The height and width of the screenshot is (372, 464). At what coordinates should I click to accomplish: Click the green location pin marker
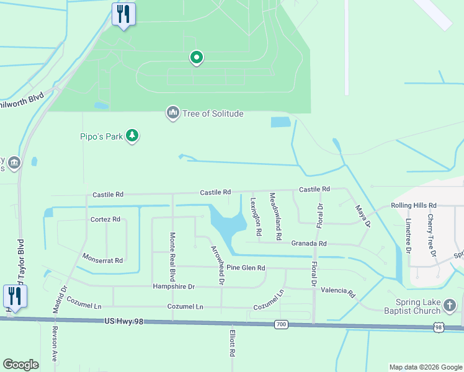197,58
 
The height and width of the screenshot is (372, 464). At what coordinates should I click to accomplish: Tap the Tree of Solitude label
212,113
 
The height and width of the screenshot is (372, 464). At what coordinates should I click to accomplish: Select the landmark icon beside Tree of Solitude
172,113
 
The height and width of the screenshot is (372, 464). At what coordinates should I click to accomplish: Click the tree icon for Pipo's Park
132,136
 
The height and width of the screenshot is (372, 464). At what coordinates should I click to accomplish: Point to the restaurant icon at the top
123,14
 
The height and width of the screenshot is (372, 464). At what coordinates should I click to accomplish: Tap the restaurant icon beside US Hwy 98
14,296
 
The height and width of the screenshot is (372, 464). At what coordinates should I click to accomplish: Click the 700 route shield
281,324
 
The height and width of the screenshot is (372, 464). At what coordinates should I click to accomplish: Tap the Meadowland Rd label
275,216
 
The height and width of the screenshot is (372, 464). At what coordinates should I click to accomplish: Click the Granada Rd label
308,244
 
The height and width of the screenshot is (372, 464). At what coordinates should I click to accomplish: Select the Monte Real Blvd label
173,255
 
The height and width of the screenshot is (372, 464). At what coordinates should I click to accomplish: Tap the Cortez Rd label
105,219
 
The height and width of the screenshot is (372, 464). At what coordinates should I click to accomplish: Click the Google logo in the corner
21,365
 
